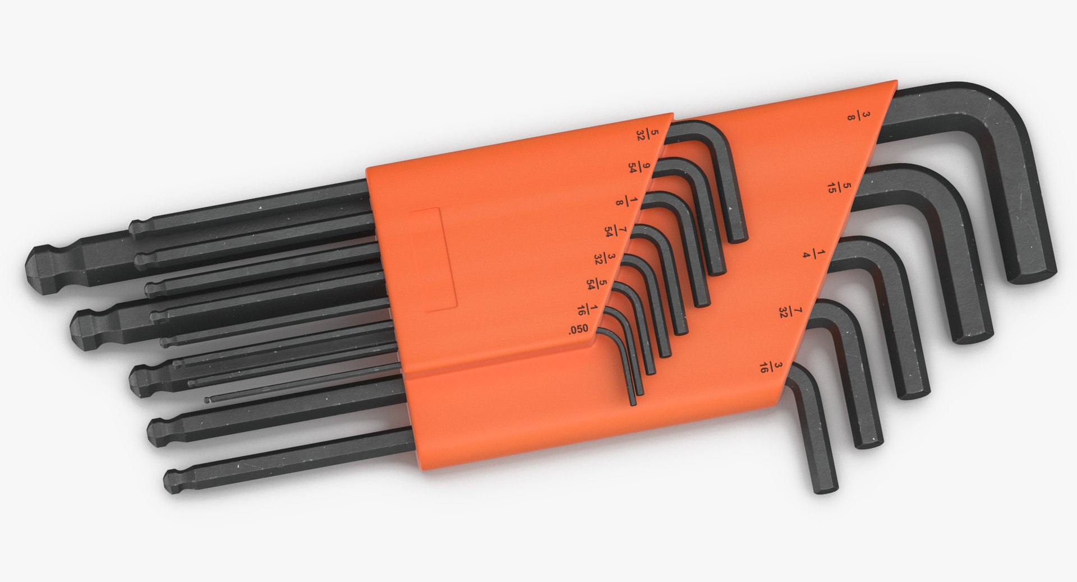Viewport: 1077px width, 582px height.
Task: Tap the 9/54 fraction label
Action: point(639,167)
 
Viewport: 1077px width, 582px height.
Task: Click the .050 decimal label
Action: point(578,330)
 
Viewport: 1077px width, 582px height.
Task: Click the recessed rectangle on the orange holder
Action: point(433,259)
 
